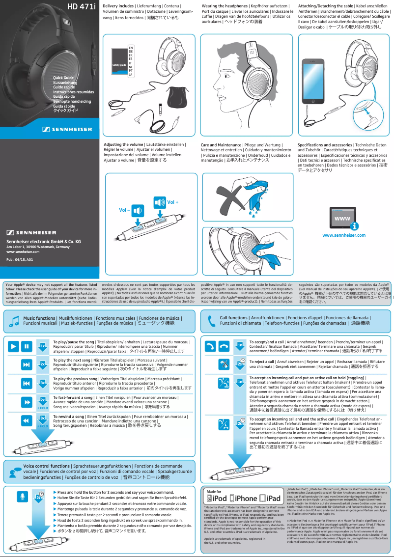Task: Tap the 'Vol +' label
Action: pyautogui.click(x=173, y=202)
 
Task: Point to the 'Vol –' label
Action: pyautogui.click(x=125, y=210)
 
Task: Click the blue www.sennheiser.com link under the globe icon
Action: pyautogui.click(x=343, y=235)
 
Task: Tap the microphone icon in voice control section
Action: pyautogui.click(x=22, y=497)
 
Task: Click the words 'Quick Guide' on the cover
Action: pyautogui.click(x=63, y=78)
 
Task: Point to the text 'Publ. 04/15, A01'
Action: pyautogui.click(x=20, y=259)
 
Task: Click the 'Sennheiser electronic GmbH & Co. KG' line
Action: pyautogui.click(x=43, y=242)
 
